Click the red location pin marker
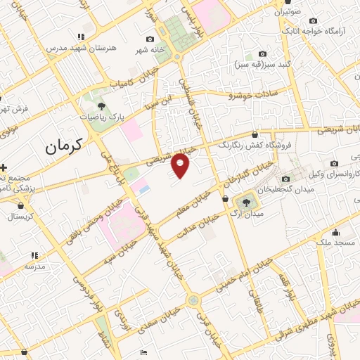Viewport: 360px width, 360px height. point(181,165)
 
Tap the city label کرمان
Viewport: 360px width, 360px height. point(63,146)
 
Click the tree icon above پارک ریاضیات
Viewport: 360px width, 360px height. point(103,106)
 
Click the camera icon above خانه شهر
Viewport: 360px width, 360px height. point(149,39)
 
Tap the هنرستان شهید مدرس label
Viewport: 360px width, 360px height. point(71,48)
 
